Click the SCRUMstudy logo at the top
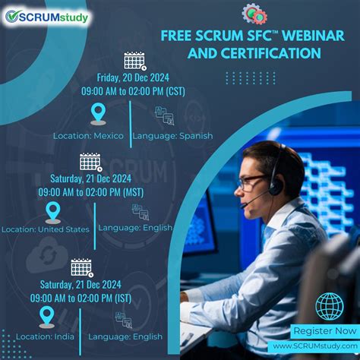tap(47, 17)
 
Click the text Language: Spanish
tap(172, 136)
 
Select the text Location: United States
tap(46, 229)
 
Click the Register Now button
tap(324, 331)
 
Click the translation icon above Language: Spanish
tap(164, 115)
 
